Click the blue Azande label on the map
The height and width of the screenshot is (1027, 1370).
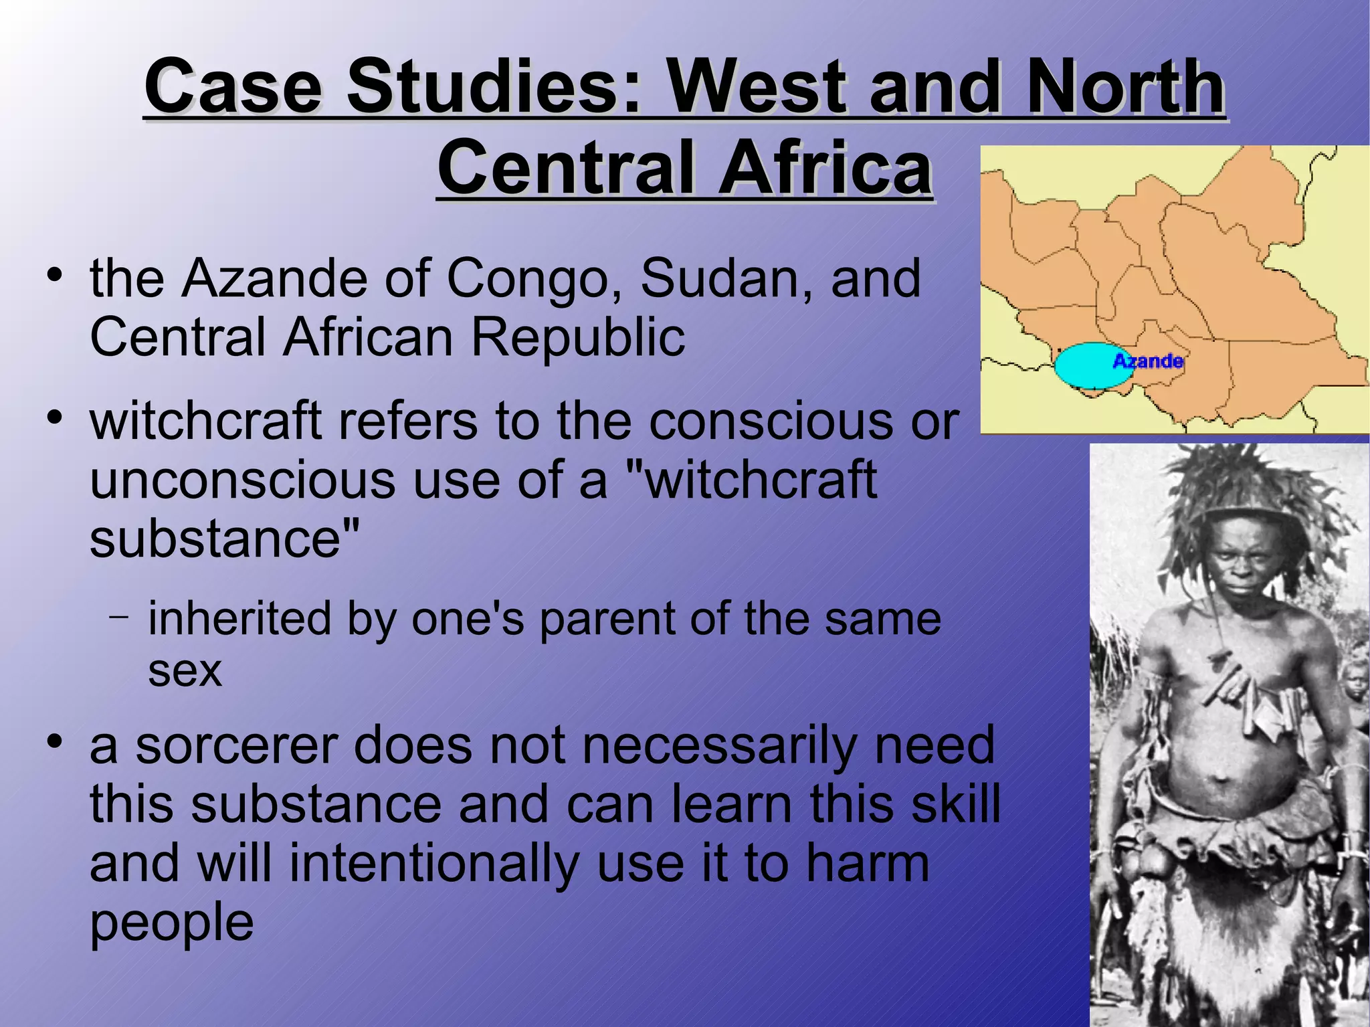(x=1148, y=361)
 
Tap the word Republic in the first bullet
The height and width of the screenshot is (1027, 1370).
(x=578, y=337)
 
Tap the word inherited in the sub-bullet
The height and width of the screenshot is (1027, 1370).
(x=239, y=618)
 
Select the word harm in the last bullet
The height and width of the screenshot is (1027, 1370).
(x=867, y=863)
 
